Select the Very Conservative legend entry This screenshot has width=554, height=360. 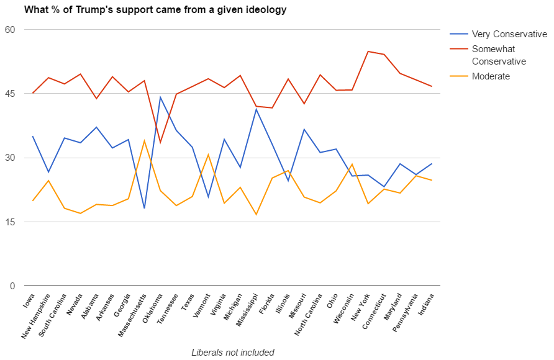point(509,34)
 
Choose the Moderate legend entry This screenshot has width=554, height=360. point(491,76)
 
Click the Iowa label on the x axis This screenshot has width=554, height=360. point(29,300)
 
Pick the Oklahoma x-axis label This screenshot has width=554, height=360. point(152,307)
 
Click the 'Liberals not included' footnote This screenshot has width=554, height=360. point(233,353)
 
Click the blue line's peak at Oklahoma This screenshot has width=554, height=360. point(160,97)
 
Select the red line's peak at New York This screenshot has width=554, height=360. point(368,52)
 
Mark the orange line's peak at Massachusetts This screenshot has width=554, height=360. point(144,140)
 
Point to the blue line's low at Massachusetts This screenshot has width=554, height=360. point(144,208)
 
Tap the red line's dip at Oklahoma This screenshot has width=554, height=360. point(160,143)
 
